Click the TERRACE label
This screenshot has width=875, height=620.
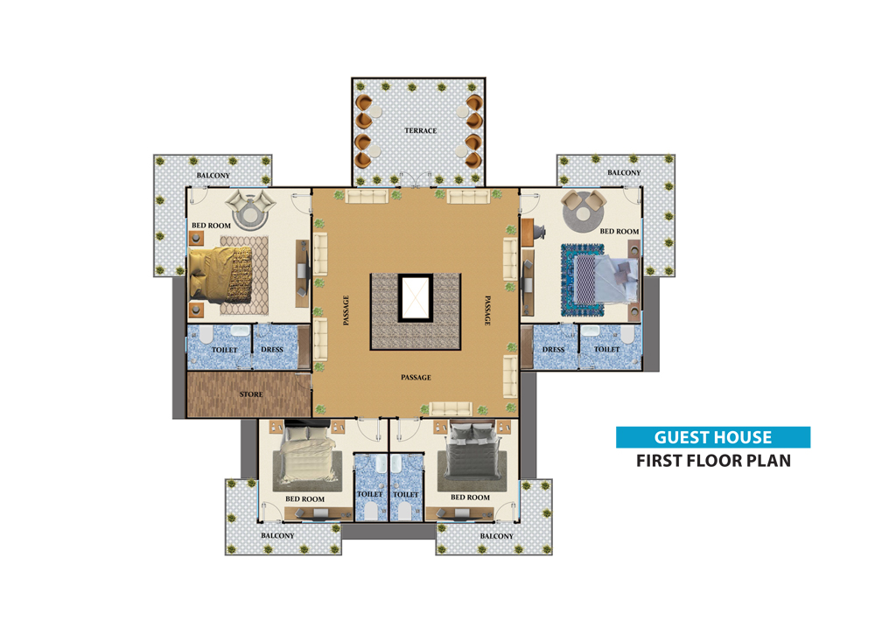pos(420,130)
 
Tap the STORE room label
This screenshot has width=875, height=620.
pos(251,394)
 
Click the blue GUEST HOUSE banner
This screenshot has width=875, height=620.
pos(713,437)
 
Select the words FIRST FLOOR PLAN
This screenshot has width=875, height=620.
pos(714,461)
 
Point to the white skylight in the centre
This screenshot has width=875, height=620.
pos(415,297)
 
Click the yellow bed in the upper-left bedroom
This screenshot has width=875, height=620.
pos(220,273)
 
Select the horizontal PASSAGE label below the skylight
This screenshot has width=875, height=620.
pos(416,378)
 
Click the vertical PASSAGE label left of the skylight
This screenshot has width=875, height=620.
pos(346,310)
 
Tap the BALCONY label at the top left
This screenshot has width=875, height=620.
pos(213,175)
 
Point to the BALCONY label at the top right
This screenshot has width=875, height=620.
pos(624,173)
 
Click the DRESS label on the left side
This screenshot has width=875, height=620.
pos(272,350)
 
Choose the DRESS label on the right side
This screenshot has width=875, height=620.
pos(554,350)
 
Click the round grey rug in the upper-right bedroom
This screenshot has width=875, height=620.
pos(584,212)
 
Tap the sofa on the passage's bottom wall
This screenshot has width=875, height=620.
pos(451,408)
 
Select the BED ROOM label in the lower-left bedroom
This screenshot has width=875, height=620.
pos(304,499)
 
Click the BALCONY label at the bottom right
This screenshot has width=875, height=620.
pos(497,536)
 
